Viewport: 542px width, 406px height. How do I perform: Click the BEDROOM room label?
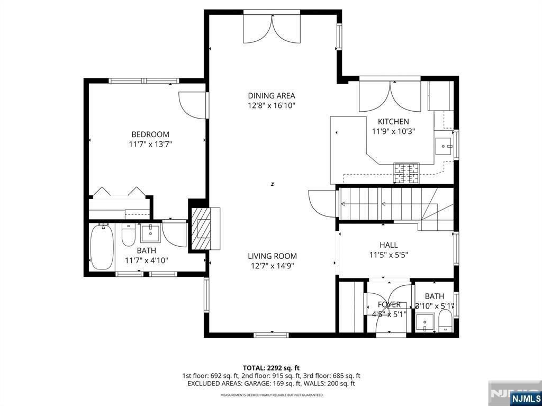coord(150,134)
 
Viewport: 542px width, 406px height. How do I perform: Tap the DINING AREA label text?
coord(272,96)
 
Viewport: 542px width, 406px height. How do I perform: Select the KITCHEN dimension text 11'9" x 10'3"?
coord(393,131)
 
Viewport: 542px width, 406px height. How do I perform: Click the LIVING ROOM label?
coord(272,256)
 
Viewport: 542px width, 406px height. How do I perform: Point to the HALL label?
coord(389,245)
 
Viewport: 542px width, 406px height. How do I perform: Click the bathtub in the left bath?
coord(101,247)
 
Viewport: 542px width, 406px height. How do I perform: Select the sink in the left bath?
coord(150,233)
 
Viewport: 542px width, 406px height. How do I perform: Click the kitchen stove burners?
coord(406,173)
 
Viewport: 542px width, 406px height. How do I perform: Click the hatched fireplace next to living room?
coord(200,228)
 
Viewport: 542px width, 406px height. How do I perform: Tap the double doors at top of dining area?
coord(272,29)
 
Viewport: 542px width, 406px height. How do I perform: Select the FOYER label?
coord(389,304)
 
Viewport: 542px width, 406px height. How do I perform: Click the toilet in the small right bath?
coord(446,321)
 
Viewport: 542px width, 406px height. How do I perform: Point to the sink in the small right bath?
coord(425,322)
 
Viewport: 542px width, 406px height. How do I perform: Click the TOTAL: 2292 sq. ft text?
coord(271,367)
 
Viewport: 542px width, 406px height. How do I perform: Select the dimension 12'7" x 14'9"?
coord(272,266)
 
